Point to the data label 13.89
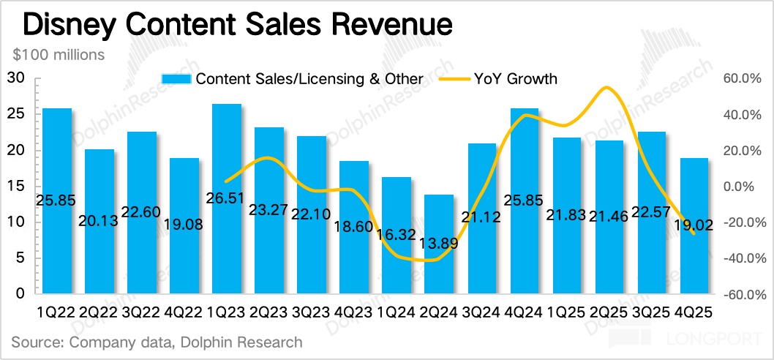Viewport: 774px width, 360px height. tap(439, 244)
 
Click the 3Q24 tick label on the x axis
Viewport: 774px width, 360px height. tap(481, 311)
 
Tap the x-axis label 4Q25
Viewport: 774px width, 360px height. tap(694, 311)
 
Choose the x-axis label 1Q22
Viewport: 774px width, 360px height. tap(57, 311)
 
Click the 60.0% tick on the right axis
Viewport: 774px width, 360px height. tap(743, 79)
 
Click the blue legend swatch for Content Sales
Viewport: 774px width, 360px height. tap(176, 79)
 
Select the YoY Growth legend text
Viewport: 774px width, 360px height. tap(516, 79)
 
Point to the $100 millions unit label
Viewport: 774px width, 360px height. tap(59, 55)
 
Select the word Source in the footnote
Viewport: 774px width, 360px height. tap(35, 342)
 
